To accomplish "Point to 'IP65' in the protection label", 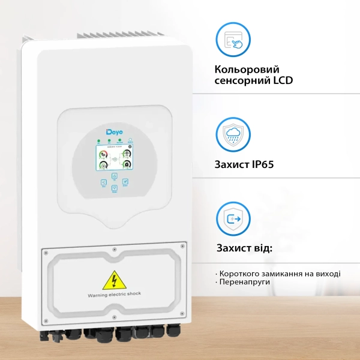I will point(262,163).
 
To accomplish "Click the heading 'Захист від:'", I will point(244,248).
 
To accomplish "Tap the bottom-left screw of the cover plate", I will point(45,317).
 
